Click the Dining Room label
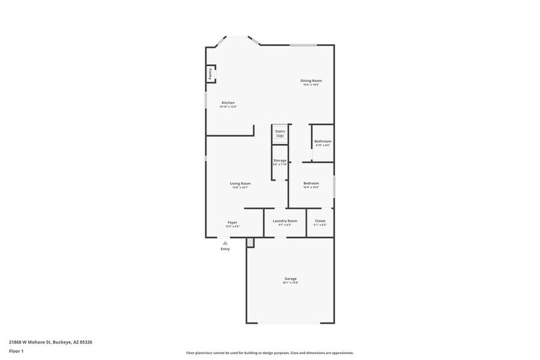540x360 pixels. coord(310,81)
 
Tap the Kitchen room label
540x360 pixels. coord(228,103)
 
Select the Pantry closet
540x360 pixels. coord(210,73)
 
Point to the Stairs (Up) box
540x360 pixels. coord(280,133)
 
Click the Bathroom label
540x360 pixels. coord(323,141)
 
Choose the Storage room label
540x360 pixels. coord(280,160)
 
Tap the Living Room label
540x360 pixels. coord(240,184)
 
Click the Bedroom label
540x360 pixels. coord(311,184)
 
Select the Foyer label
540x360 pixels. coord(232,222)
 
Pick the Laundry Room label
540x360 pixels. coord(285,220)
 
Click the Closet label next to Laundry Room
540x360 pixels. coord(320,220)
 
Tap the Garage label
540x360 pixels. coord(290,279)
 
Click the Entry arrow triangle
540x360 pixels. coord(225,243)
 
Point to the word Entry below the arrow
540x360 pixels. coord(225,249)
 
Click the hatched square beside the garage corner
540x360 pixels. coord(250,243)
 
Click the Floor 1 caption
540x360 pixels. coord(17,351)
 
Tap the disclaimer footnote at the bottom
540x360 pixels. coord(269,353)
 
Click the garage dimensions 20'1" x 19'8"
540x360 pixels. coord(290,283)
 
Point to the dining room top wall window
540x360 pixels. coord(303,45)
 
